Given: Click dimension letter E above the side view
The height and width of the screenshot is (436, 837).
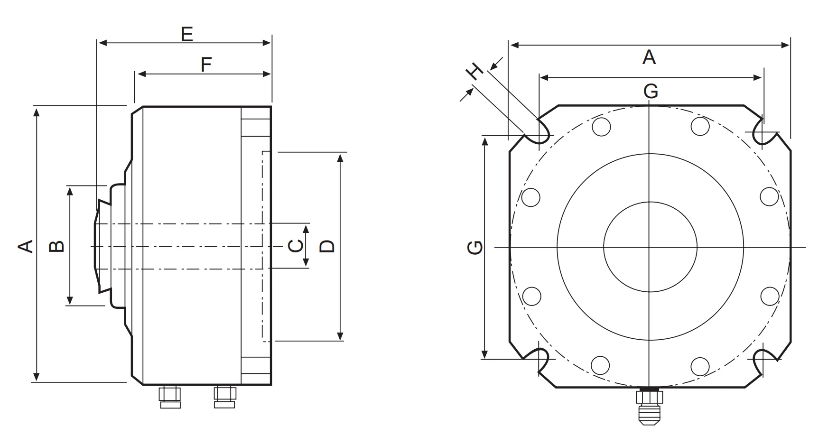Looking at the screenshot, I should click(187, 34).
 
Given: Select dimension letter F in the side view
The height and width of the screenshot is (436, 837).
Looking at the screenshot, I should click(205, 65).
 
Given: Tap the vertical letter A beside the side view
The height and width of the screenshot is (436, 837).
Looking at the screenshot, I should click(26, 246).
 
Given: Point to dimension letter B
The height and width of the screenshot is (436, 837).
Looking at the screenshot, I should click(57, 246).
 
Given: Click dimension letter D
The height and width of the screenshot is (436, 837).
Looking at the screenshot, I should click(327, 246).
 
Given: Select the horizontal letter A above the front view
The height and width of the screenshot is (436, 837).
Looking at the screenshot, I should click(649, 57).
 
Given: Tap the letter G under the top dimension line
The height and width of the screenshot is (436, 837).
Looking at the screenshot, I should click(651, 91).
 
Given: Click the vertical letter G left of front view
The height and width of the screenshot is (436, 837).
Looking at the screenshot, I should click(474, 247).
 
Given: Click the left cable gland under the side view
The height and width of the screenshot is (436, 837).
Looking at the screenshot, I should click(170, 396).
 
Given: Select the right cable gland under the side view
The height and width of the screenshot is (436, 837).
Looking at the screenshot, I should click(224, 396).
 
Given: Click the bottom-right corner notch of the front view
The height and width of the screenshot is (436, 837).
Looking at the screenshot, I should click(764, 361).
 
